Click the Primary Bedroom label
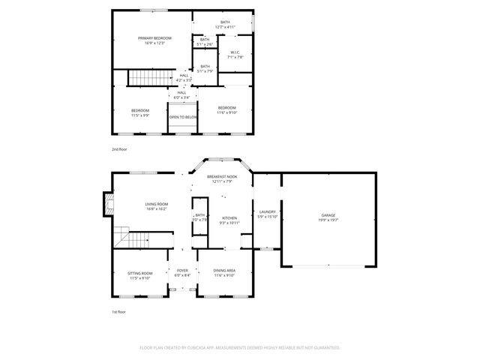pyautogui.click(x=154, y=38)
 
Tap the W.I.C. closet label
pyautogui.click(x=235, y=52)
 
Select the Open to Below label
pyautogui.click(x=183, y=117)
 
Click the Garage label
pyautogui.click(x=328, y=215)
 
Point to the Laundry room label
pyautogui.click(x=267, y=211)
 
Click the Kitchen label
pyautogui.click(x=229, y=218)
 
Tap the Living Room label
pyautogui.click(x=157, y=204)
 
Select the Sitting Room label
pyautogui.click(x=140, y=273)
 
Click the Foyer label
pyautogui.click(x=182, y=271)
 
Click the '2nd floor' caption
pyautogui.click(x=119, y=149)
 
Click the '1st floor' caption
pyautogui.click(x=118, y=312)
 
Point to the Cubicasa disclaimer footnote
pyautogui.click(x=239, y=347)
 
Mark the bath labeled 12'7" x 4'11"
pyautogui.click(x=225, y=28)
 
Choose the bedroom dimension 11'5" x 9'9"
pyautogui.click(x=140, y=115)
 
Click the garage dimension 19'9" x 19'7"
pyautogui.click(x=328, y=220)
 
